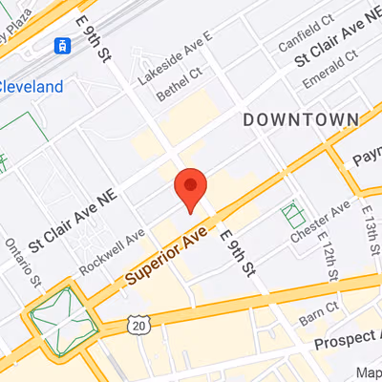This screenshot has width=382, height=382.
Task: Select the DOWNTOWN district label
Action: [300, 119]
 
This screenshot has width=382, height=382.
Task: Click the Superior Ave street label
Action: [168, 257]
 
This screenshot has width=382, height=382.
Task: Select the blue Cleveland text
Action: [32, 87]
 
